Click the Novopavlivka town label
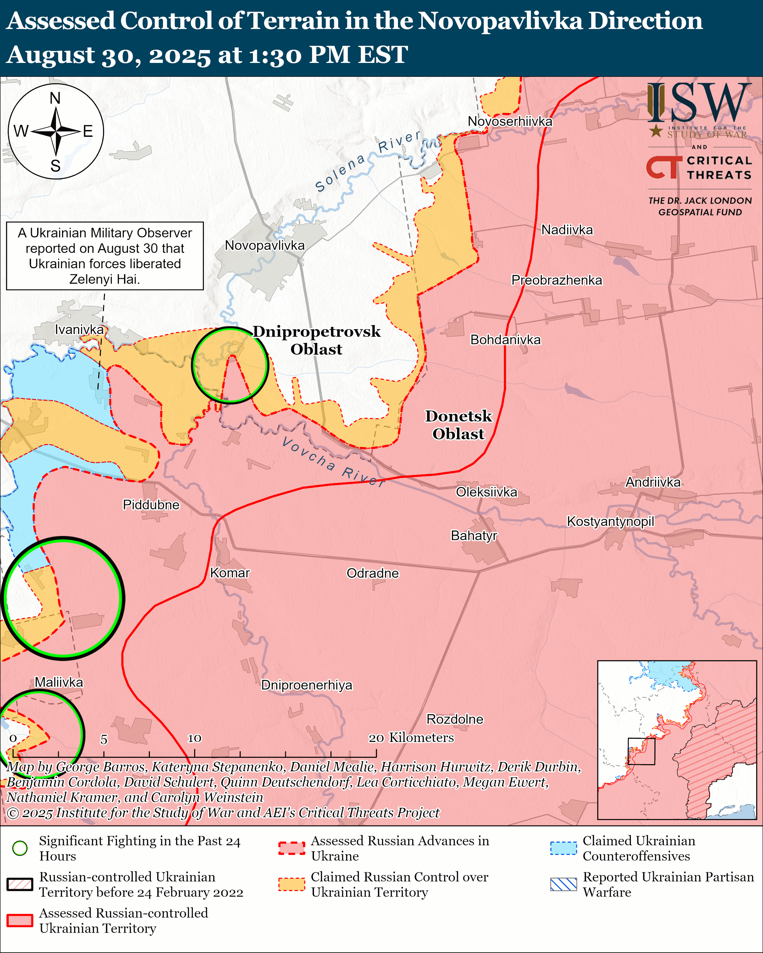coord(265,245)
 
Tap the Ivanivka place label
coord(79,329)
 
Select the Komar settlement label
coord(230,573)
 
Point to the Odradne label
coord(372,573)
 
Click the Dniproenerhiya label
coord(307,685)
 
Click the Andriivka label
coord(653,482)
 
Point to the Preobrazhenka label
coord(557,280)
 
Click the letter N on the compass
coord(55,98)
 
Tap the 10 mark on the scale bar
coord(194,738)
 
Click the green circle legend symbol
coord(20,848)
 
